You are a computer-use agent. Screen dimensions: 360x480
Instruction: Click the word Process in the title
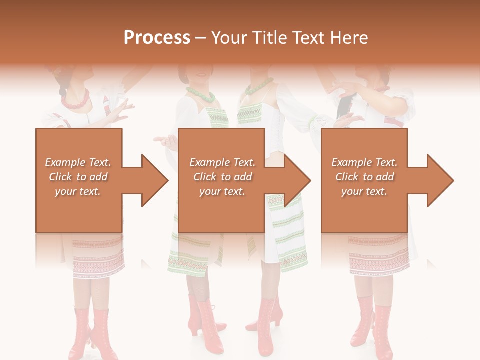pyautogui.click(x=157, y=38)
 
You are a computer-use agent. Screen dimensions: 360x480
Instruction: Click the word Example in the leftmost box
pyautogui.click(x=65, y=162)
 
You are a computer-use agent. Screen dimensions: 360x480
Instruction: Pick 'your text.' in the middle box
pyautogui.click(x=222, y=191)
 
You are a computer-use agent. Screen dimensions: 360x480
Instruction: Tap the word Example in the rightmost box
pyautogui.click(x=351, y=162)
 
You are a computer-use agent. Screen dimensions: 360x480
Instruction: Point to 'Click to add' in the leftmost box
pyautogui.click(x=78, y=177)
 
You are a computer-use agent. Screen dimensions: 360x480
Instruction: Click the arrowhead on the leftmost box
pyautogui.click(x=153, y=180)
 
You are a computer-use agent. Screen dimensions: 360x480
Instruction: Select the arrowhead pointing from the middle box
pyautogui.click(x=296, y=180)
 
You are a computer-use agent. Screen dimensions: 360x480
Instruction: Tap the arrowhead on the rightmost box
pyautogui.click(x=439, y=180)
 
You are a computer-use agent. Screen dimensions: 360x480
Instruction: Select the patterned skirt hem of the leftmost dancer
pyautogui.click(x=98, y=259)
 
